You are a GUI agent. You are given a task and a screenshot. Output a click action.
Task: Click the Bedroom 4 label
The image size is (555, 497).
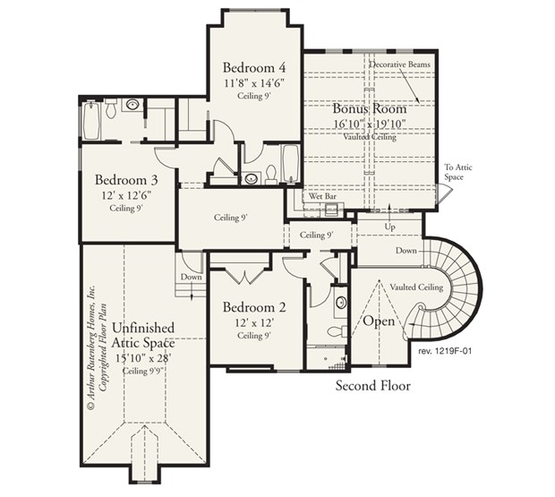pos(254,67)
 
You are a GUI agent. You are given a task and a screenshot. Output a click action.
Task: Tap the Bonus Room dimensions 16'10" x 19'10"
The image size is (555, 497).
pos(370,123)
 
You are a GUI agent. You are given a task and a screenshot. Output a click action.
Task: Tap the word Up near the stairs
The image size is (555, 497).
pos(390,228)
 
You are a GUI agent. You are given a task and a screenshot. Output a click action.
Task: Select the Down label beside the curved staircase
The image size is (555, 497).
pos(406,251)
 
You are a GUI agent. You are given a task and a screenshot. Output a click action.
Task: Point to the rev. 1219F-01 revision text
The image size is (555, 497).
pos(445,352)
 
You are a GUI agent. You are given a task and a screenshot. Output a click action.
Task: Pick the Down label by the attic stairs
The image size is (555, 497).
pos(191,277)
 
